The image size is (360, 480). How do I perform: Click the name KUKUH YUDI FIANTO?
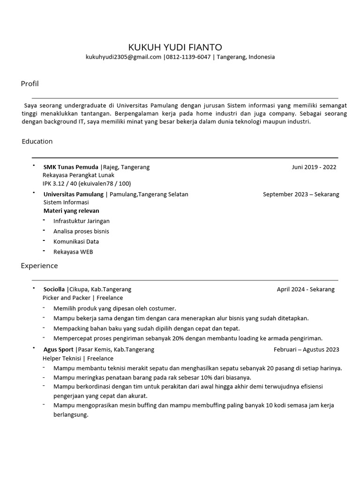[x=175, y=47]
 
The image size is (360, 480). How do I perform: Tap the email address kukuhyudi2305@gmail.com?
[x=123, y=57]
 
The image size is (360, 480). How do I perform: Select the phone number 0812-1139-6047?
[x=187, y=57]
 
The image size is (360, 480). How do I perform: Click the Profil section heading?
[x=30, y=84]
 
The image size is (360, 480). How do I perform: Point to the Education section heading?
[x=37, y=141]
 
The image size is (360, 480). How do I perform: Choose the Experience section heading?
[x=39, y=266]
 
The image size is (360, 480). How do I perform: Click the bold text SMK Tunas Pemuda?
[x=71, y=167]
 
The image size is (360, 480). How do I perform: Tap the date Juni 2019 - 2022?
[x=314, y=167]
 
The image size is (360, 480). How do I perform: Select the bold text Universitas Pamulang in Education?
[x=73, y=194]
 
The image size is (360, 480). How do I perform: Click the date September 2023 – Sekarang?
[x=301, y=194]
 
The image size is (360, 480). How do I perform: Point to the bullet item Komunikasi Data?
[x=76, y=241]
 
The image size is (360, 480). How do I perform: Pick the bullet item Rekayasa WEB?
[x=73, y=252]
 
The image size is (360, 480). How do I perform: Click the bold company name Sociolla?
[x=54, y=289]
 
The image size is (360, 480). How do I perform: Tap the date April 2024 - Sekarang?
[x=306, y=289]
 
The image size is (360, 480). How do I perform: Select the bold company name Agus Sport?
[x=58, y=349]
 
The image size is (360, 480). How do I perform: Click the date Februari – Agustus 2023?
[x=306, y=349]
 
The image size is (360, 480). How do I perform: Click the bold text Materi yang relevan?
[x=71, y=211]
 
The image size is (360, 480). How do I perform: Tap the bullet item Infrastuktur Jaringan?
[x=81, y=221]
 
